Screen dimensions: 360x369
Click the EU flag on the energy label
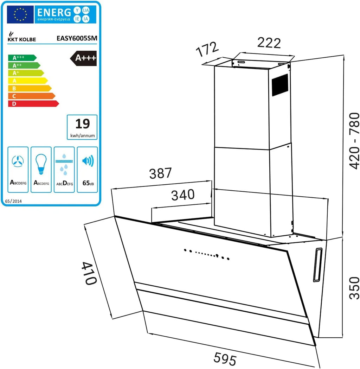coord(20,14)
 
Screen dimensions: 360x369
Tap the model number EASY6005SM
coord(77,38)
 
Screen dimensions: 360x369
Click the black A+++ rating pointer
coord(83,58)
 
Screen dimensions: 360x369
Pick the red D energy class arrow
coord(33,103)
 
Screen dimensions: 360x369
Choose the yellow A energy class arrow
coord(28,81)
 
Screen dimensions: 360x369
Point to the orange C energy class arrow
coord(32,96)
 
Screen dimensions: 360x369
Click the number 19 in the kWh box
coord(83,123)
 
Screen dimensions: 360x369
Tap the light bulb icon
coord(41,164)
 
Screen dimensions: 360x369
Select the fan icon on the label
coord(18,161)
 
